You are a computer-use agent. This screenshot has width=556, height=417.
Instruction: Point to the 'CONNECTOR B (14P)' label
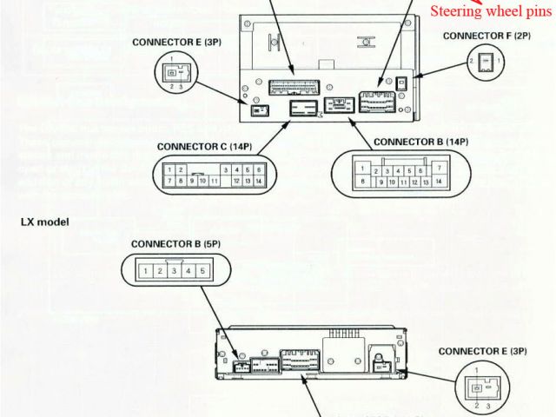[x=420, y=141]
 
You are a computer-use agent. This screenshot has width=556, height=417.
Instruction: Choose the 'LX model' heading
[x=45, y=222]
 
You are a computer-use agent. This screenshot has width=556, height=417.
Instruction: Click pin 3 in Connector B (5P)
[x=175, y=272]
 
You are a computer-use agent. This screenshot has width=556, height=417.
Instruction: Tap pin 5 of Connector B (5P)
[x=202, y=272]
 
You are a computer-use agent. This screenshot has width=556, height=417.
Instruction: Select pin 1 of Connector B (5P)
[x=147, y=272]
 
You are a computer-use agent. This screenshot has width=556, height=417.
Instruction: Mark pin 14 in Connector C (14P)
[x=259, y=181]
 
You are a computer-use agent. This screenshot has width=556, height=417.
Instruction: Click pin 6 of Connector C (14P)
[x=259, y=170]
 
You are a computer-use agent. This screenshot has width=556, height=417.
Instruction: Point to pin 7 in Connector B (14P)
[x=440, y=167]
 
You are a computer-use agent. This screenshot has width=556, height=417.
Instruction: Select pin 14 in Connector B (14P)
[x=440, y=182]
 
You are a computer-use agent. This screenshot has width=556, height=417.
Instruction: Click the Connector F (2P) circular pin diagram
[x=486, y=65]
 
